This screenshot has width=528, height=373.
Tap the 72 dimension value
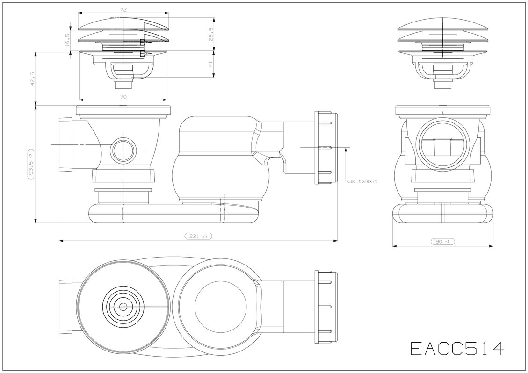(x=123, y=9)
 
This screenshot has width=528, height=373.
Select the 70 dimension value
(x=123, y=97)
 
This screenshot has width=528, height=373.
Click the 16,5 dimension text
(x=67, y=39)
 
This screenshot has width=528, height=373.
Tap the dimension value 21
(x=211, y=64)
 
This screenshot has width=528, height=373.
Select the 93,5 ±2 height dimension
(x=32, y=164)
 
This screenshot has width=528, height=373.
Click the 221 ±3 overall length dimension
(x=199, y=237)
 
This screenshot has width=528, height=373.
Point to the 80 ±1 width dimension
(x=442, y=242)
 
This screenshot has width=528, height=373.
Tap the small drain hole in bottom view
(x=123, y=307)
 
